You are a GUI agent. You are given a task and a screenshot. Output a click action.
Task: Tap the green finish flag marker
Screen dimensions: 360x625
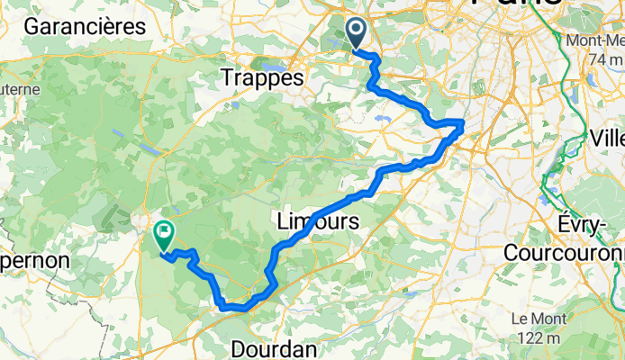[x=164, y=236]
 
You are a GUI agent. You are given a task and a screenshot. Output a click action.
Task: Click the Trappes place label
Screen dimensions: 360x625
[x=261, y=79]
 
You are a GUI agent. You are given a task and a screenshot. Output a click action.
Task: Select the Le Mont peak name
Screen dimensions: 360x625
[x=538, y=319]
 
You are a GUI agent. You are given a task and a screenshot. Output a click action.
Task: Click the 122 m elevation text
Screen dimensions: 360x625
[x=539, y=337]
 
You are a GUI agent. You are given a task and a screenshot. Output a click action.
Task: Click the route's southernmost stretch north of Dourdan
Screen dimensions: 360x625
[x=236, y=307]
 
